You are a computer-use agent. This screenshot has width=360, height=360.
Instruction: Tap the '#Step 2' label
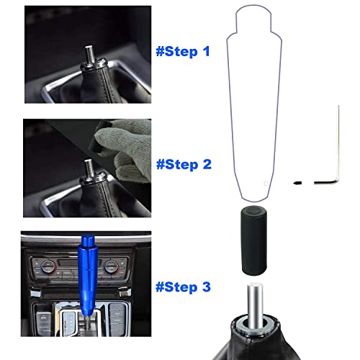pos(184,164)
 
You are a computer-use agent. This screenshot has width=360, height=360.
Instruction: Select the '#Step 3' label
pos(184,287)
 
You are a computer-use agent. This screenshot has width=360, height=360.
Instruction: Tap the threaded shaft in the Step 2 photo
pos(91,167)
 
